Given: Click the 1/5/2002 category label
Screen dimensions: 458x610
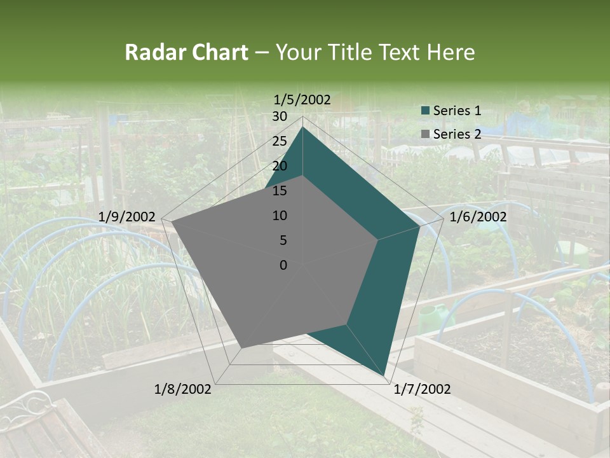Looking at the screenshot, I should click(x=302, y=99).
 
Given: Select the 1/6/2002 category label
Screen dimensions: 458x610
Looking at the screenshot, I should click(x=478, y=217).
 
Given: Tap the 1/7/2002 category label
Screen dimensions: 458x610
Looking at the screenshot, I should click(x=422, y=389).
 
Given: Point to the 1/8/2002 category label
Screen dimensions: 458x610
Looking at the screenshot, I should click(x=183, y=389).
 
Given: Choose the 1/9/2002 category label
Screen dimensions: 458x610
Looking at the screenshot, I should click(x=127, y=217).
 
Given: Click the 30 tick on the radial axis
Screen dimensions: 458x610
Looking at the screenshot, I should click(x=280, y=116).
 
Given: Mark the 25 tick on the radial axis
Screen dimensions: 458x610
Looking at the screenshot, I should click(x=280, y=141).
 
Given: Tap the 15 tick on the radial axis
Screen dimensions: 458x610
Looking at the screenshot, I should click(x=280, y=191).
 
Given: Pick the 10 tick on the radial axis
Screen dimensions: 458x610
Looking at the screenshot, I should click(x=280, y=216).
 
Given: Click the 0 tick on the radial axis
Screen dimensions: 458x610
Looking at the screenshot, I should click(x=283, y=265).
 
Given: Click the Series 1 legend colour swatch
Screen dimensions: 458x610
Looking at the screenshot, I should click(x=426, y=111).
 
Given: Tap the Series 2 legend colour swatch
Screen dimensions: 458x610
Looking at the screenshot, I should click(x=426, y=134).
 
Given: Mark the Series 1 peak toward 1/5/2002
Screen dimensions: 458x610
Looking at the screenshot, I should click(x=302, y=127).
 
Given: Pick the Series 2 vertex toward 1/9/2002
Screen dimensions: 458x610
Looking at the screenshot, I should click(x=172, y=222).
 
